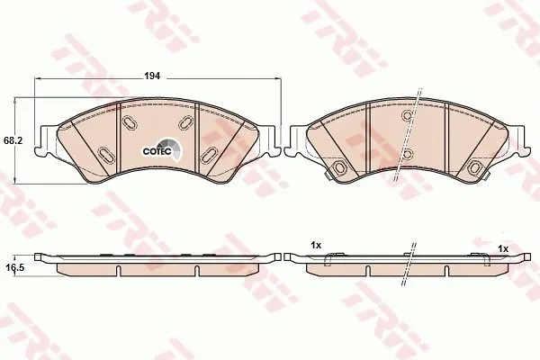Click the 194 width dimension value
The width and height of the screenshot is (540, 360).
point(152,76)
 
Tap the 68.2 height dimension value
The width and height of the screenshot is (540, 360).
point(13,140)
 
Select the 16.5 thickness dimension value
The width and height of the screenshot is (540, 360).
point(15,267)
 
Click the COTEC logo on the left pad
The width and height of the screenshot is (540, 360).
point(162,150)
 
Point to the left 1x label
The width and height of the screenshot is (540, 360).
point(316,246)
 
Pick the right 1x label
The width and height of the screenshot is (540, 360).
point(503,248)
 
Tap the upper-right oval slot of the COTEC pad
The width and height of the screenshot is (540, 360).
point(185,122)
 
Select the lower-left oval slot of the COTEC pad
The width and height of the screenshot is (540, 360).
point(105,154)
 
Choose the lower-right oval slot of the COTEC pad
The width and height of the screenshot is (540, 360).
point(210,155)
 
